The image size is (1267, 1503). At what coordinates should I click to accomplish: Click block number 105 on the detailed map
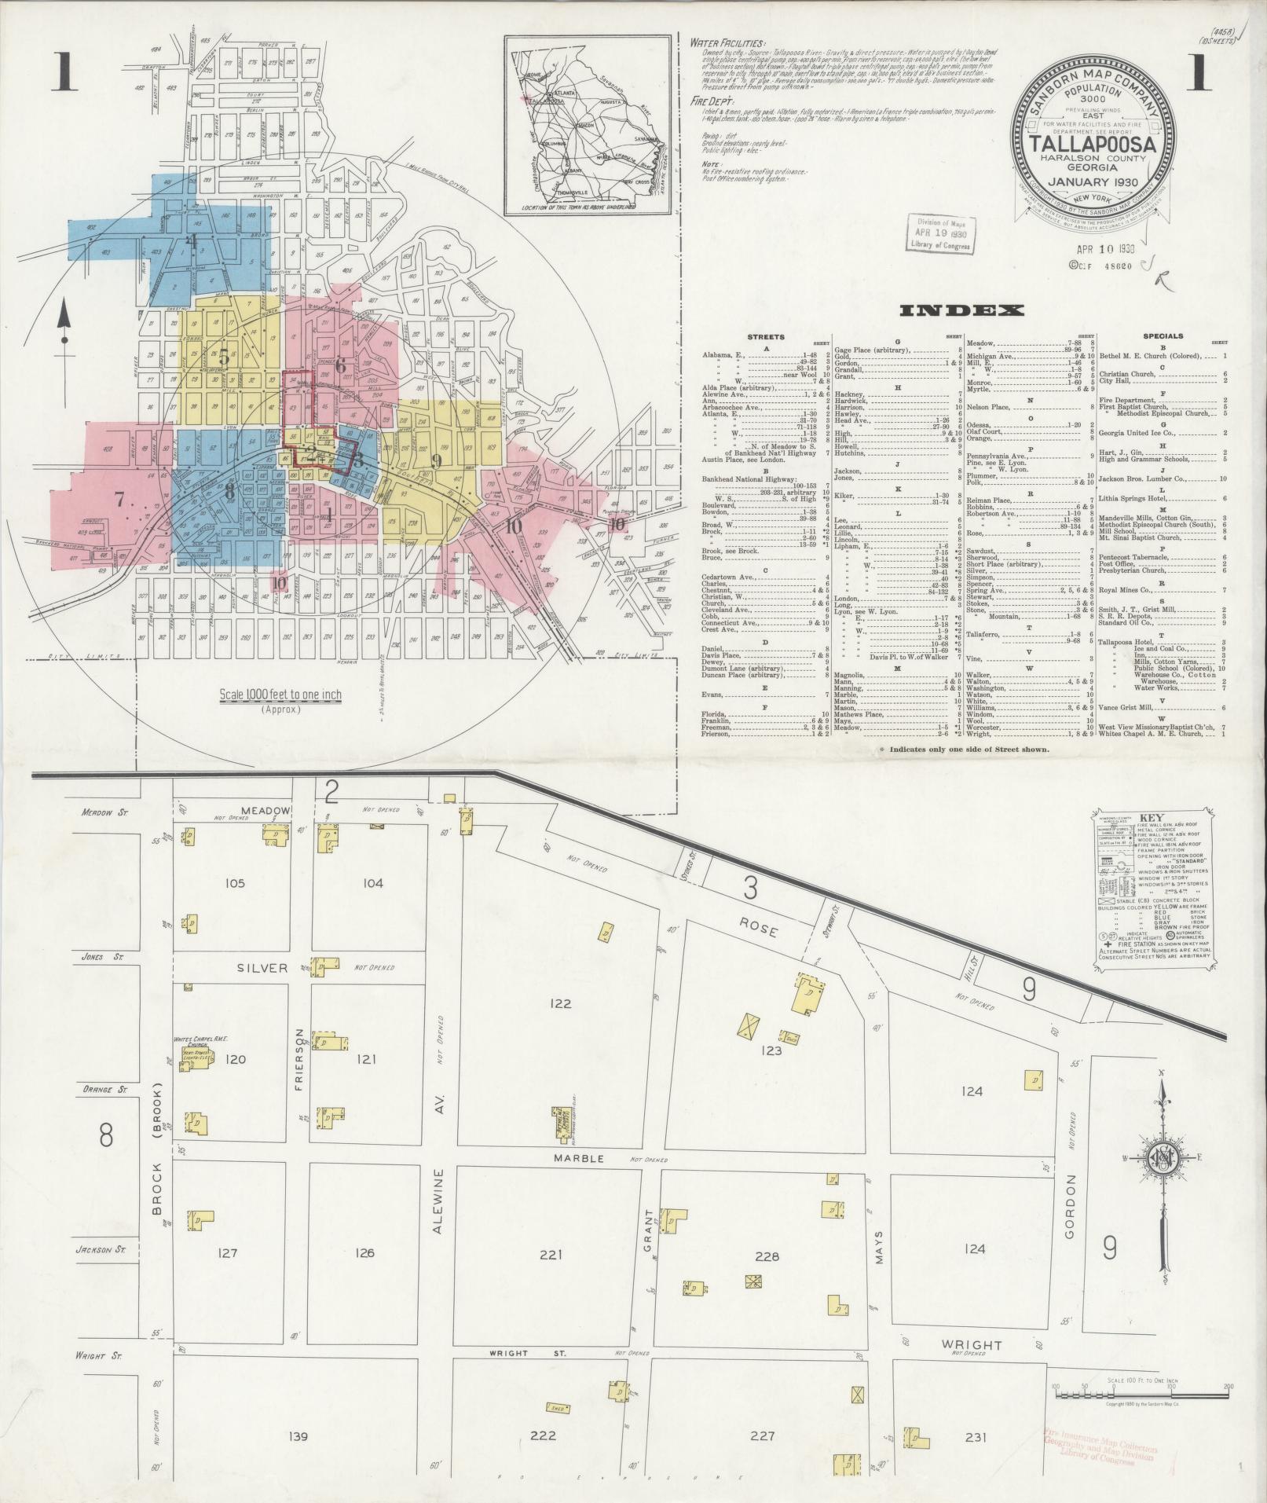coord(235,883)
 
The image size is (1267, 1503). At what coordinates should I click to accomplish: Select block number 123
coord(771,1050)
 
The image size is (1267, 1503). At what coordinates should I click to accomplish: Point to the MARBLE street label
coord(578,1158)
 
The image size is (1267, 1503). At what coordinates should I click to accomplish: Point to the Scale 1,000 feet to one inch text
coord(280,695)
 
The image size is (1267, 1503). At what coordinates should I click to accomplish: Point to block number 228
coord(767,1256)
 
